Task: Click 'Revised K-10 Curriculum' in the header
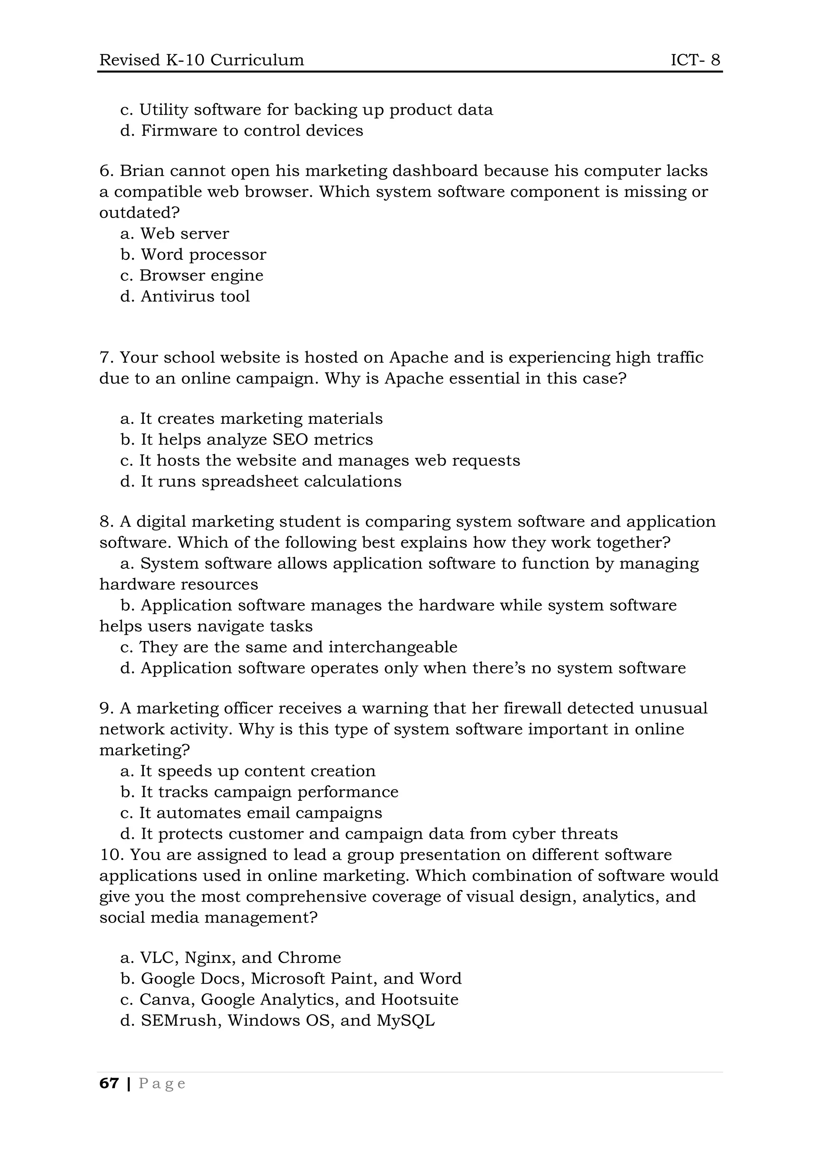201,60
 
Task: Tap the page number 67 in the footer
109,1083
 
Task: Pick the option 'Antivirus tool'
195,296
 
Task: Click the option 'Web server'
184,234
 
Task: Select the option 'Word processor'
203,255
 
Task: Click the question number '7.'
106,357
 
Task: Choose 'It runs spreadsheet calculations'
271,481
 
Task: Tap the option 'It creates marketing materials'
261,419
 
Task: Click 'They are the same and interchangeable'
298,647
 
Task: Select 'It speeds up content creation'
257,771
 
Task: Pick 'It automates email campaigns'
261,813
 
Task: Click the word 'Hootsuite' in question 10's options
420,999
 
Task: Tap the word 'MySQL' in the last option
406,1020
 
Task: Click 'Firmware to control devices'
251,131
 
